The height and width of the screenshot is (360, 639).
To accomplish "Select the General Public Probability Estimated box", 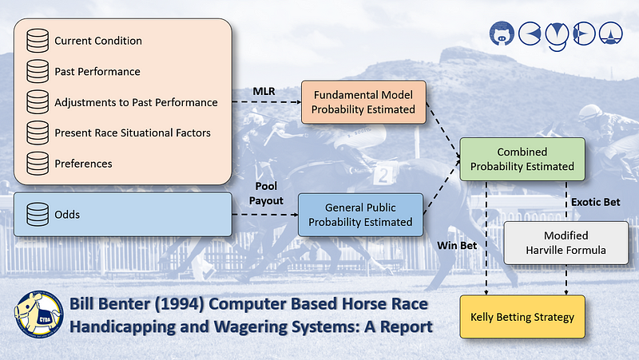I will (361, 215).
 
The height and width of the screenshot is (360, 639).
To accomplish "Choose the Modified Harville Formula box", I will (566, 243).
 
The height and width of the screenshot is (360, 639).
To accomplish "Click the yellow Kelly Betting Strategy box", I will (522, 317).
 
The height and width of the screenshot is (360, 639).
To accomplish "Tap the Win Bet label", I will (458, 245).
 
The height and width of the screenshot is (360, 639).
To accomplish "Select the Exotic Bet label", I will (595, 202).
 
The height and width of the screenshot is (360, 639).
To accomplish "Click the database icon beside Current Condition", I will (37, 41).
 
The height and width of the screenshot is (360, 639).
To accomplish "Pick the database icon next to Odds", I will (37, 215).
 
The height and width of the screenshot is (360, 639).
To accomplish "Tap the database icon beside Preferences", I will (37, 164).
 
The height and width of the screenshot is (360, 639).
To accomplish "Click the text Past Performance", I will (97, 72).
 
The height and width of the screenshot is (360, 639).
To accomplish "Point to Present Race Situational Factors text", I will (133, 133).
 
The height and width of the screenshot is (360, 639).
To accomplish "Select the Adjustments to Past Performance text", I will (136, 102).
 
